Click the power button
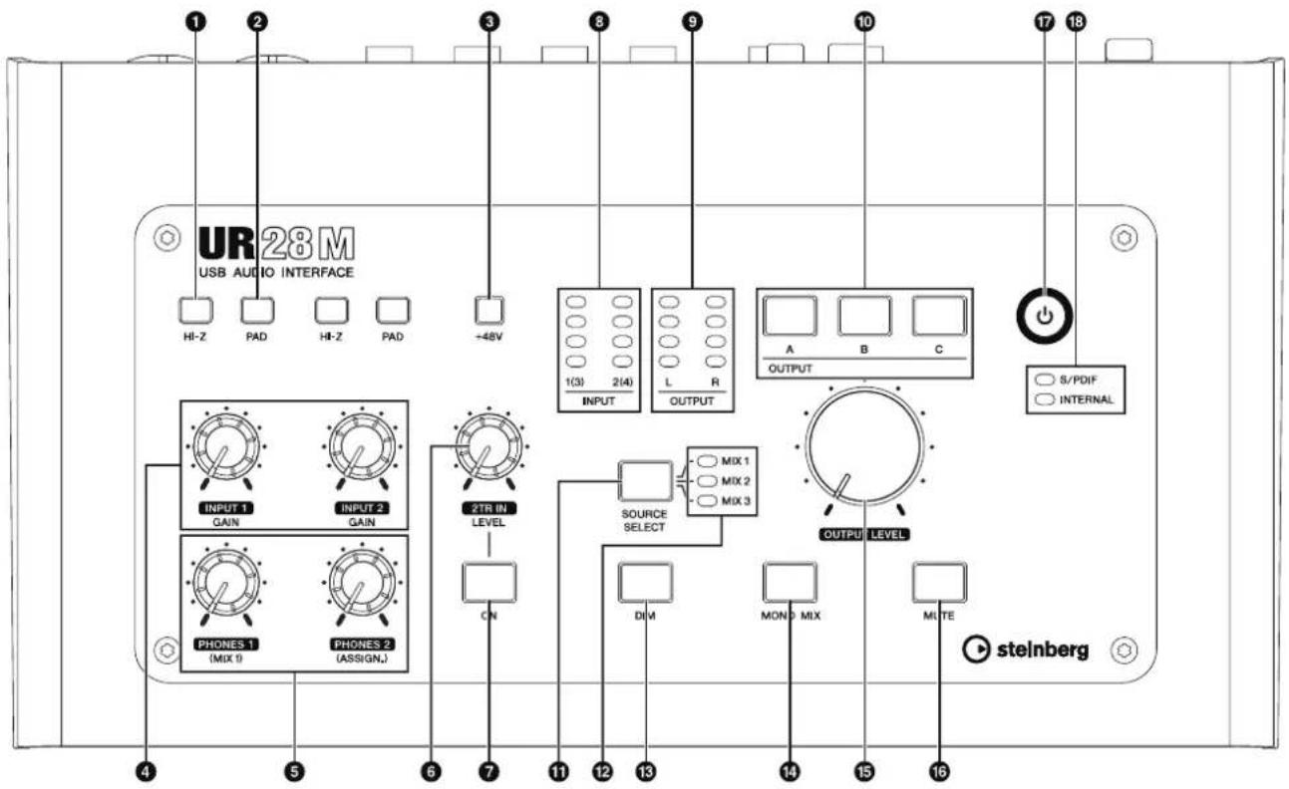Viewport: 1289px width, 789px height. click(1044, 316)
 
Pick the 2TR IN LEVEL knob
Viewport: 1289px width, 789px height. click(488, 447)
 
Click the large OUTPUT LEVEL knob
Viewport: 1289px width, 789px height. click(864, 445)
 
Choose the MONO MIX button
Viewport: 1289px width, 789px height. click(790, 582)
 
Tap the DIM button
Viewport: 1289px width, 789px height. click(645, 582)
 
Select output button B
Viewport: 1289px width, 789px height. click(864, 316)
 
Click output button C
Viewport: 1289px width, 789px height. click(939, 316)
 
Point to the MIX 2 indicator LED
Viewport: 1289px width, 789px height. click(707, 481)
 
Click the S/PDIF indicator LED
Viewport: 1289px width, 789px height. click(1045, 380)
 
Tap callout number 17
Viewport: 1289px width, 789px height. click(1044, 22)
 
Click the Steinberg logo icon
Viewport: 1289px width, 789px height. click(975, 650)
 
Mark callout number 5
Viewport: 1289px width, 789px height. click(294, 771)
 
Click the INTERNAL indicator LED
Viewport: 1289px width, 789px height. click(1045, 399)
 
